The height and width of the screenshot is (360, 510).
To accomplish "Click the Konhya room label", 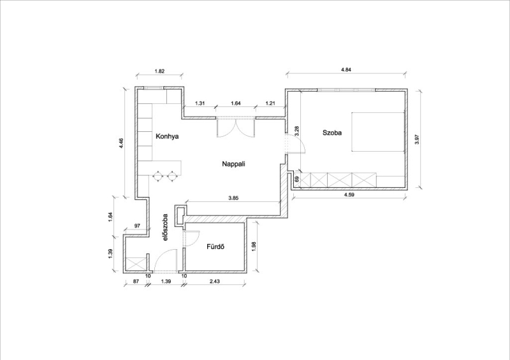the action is point(167,136).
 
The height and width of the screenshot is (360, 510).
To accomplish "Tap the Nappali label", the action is point(233,164).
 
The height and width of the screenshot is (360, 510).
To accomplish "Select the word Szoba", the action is point(332,133).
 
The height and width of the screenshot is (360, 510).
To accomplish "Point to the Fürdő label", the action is point(215,247).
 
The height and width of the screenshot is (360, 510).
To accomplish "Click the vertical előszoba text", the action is point(165,227).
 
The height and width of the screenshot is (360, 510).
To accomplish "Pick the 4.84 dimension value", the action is point(346,69).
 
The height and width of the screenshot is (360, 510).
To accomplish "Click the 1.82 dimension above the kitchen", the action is point(159,71).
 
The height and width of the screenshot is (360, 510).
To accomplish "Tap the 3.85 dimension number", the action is point(234,198).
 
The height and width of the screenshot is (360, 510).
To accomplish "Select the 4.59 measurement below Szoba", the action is point(349,195).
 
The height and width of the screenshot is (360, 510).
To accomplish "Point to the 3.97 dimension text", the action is point(418,140).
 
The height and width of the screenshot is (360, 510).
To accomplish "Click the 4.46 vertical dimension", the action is point(121,143).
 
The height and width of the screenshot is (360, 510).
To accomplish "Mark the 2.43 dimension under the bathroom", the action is point(214,281).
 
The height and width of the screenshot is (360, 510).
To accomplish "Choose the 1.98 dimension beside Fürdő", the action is point(254,245).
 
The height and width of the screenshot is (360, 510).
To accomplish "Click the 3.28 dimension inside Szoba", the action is point(296,131).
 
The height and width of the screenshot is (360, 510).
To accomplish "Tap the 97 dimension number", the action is point(137,226).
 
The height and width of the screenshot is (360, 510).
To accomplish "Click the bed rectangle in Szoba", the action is point(378,132).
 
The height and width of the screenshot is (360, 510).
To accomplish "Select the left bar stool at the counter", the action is point(157,176).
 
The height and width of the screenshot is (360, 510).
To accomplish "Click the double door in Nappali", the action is point(235,127).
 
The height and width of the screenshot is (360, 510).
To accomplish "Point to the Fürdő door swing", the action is point(192,238).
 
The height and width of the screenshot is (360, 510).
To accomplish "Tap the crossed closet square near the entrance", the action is point(135,264).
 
